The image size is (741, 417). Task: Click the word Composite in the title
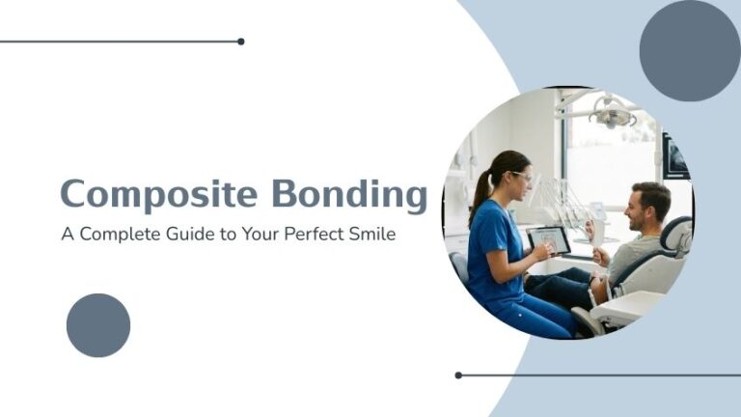coord(159,194)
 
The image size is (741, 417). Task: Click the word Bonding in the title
coord(348,195)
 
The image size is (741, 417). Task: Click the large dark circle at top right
coord(689,50)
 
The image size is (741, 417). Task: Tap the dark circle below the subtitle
coord(98,325)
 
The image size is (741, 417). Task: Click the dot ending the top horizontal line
coord(240,42)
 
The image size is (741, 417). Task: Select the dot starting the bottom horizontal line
coord(458,375)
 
